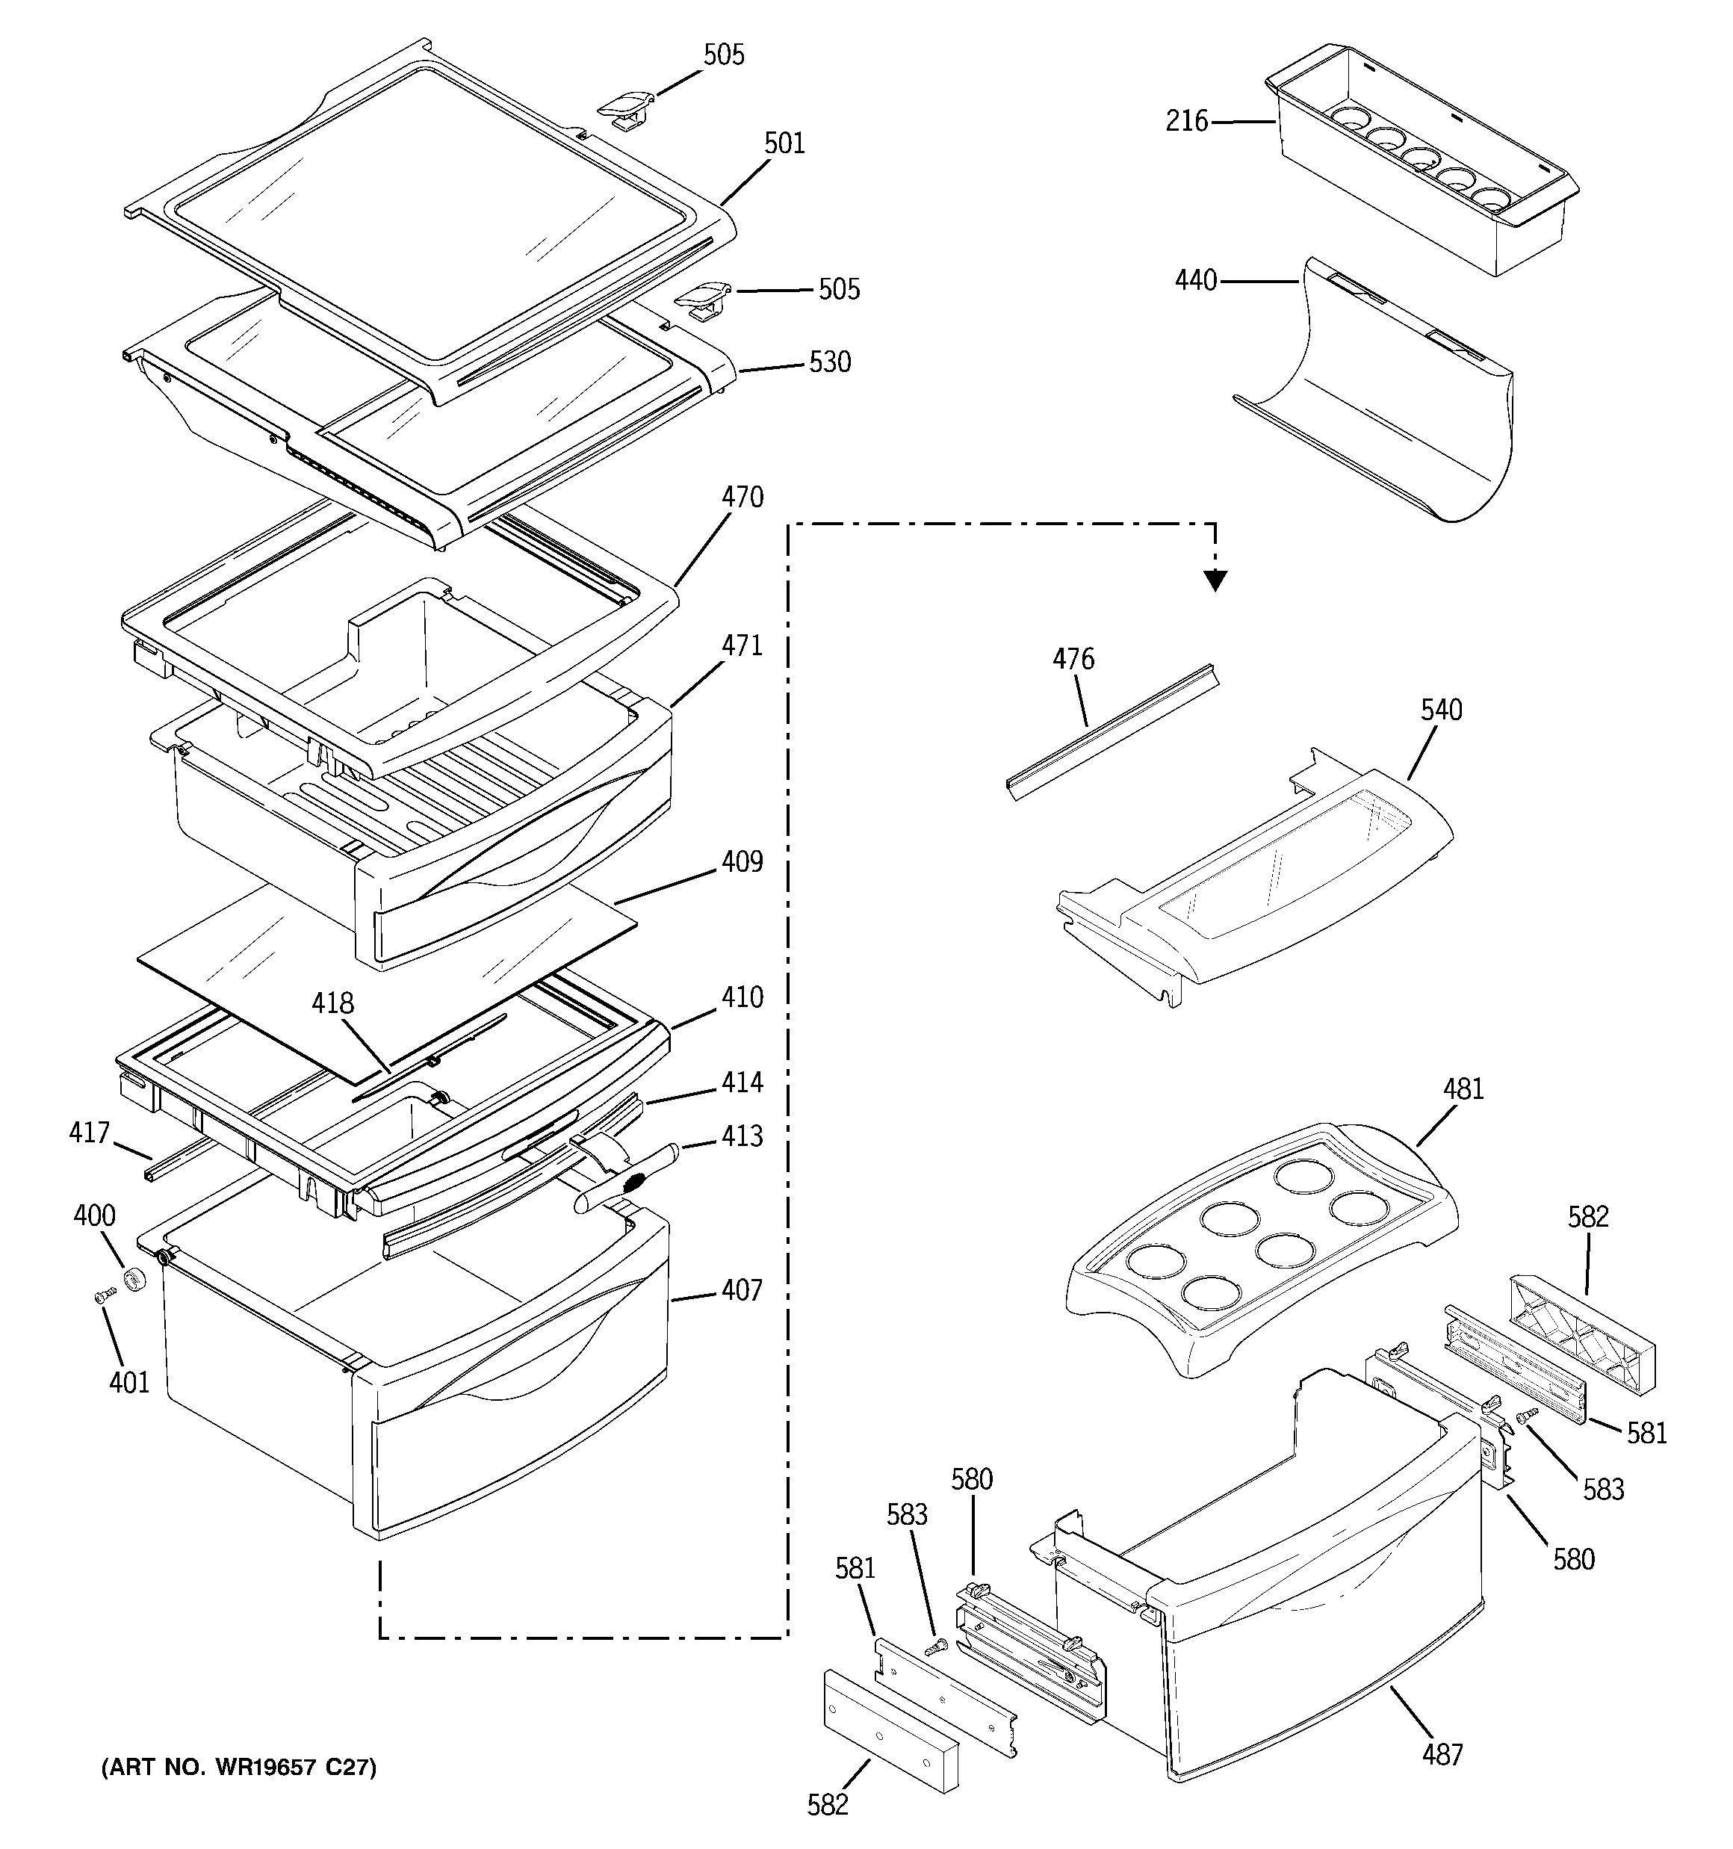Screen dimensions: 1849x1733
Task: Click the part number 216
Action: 1186,121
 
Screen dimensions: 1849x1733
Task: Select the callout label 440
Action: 1195,280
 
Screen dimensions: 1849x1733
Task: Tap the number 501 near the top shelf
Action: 784,143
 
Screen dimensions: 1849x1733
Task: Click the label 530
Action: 830,362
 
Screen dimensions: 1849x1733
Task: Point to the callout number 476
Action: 1073,660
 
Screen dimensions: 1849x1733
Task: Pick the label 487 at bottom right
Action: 1442,1755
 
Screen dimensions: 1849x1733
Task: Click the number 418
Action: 333,1003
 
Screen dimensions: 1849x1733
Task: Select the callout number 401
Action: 129,1383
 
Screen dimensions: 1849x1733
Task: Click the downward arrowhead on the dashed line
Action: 1215,581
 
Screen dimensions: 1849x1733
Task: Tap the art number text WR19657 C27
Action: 239,1767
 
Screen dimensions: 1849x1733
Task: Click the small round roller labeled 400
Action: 137,1280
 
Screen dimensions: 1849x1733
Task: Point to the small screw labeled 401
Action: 104,1295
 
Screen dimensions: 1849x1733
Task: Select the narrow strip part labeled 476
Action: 1112,733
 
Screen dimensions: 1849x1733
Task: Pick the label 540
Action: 1441,710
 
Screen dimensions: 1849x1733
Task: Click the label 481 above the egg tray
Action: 1463,1089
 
